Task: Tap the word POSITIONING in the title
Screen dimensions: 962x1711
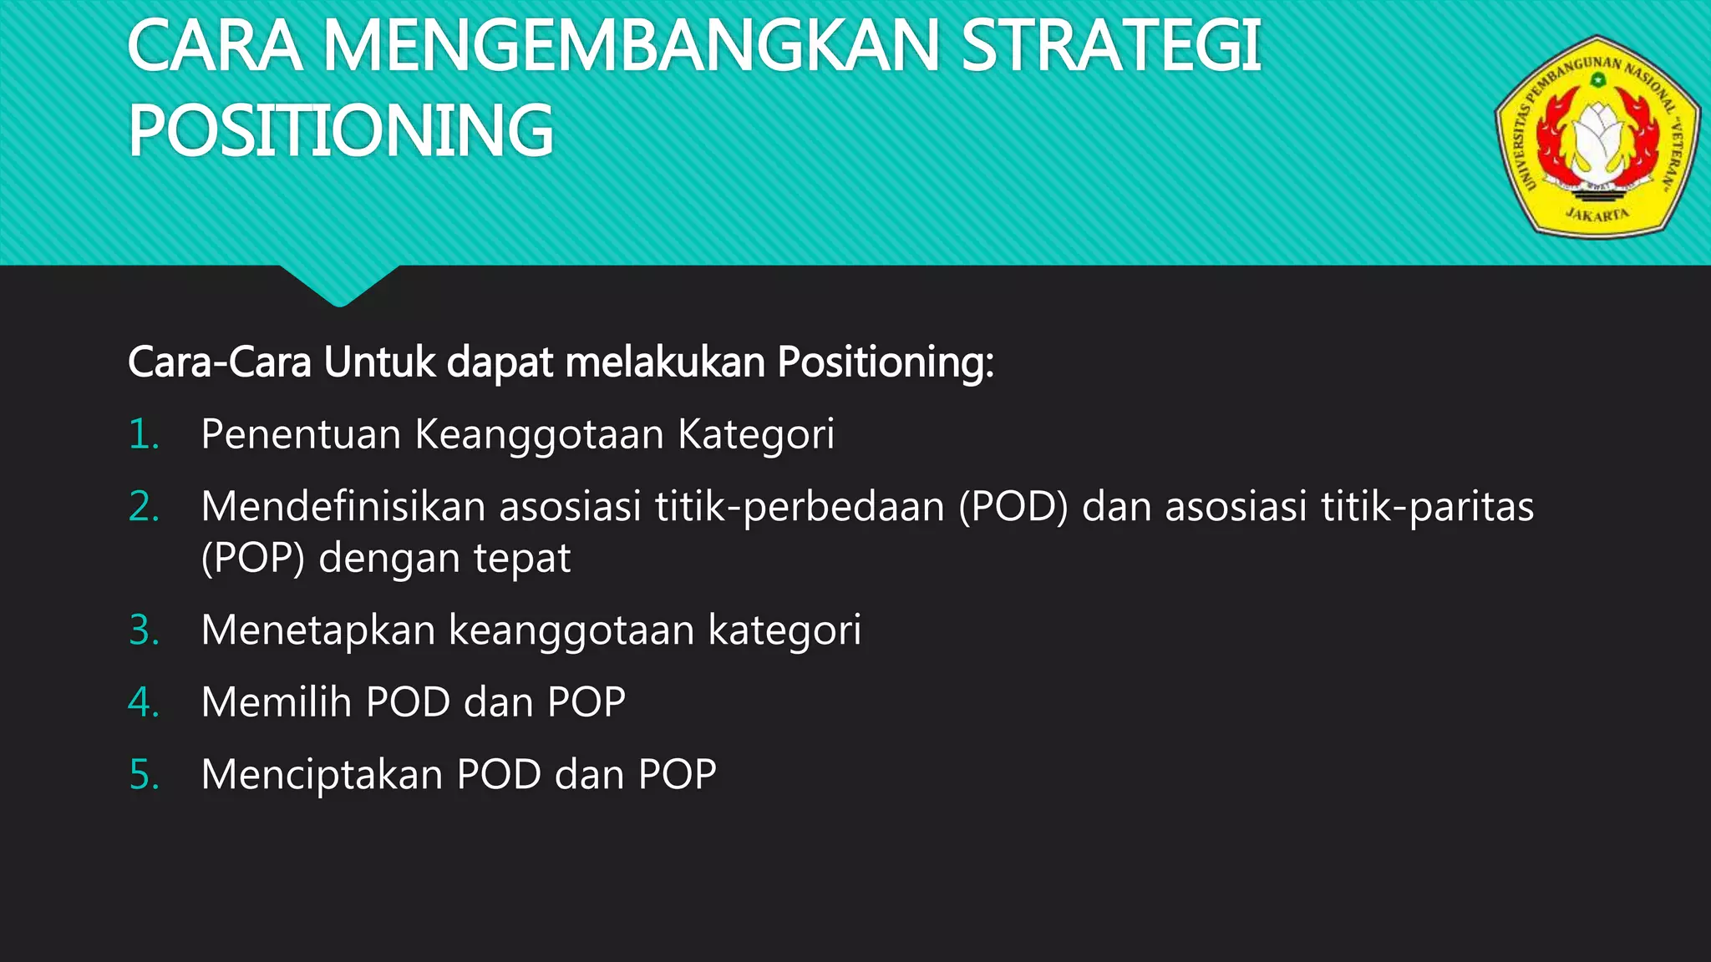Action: pyautogui.click(x=341, y=130)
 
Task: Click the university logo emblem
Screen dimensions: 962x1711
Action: pyautogui.click(x=1597, y=137)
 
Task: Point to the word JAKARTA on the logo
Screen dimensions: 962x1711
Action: pyautogui.click(x=1597, y=214)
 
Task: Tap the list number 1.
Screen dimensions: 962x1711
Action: pyautogui.click(x=144, y=435)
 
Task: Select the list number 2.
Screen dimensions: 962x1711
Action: pyautogui.click(x=144, y=507)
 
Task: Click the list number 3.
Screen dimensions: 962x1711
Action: pyautogui.click(x=144, y=630)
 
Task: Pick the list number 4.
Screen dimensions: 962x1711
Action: pyautogui.click(x=144, y=702)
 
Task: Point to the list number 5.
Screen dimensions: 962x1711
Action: pyautogui.click(x=144, y=775)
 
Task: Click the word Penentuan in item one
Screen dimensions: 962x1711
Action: pyautogui.click(x=301, y=435)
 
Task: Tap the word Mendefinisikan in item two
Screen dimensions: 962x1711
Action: pyautogui.click(x=343, y=507)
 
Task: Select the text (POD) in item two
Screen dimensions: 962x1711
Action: pyautogui.click(x=1013, y=507)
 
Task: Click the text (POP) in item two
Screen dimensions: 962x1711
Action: pyautogui.click(x=253, y=559)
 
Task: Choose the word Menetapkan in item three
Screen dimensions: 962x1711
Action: pyautogui.click(x=318, y=630)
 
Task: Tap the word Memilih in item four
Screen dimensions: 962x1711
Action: pyautogui.click(x=277, y=702)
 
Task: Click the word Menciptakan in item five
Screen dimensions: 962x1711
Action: pyautogui.click(x=322, y=775)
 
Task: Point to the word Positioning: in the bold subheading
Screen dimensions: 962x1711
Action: pyautogui.click(x=886, y=362)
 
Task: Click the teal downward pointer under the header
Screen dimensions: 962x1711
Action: pyautogui.click(x=339, y=286)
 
